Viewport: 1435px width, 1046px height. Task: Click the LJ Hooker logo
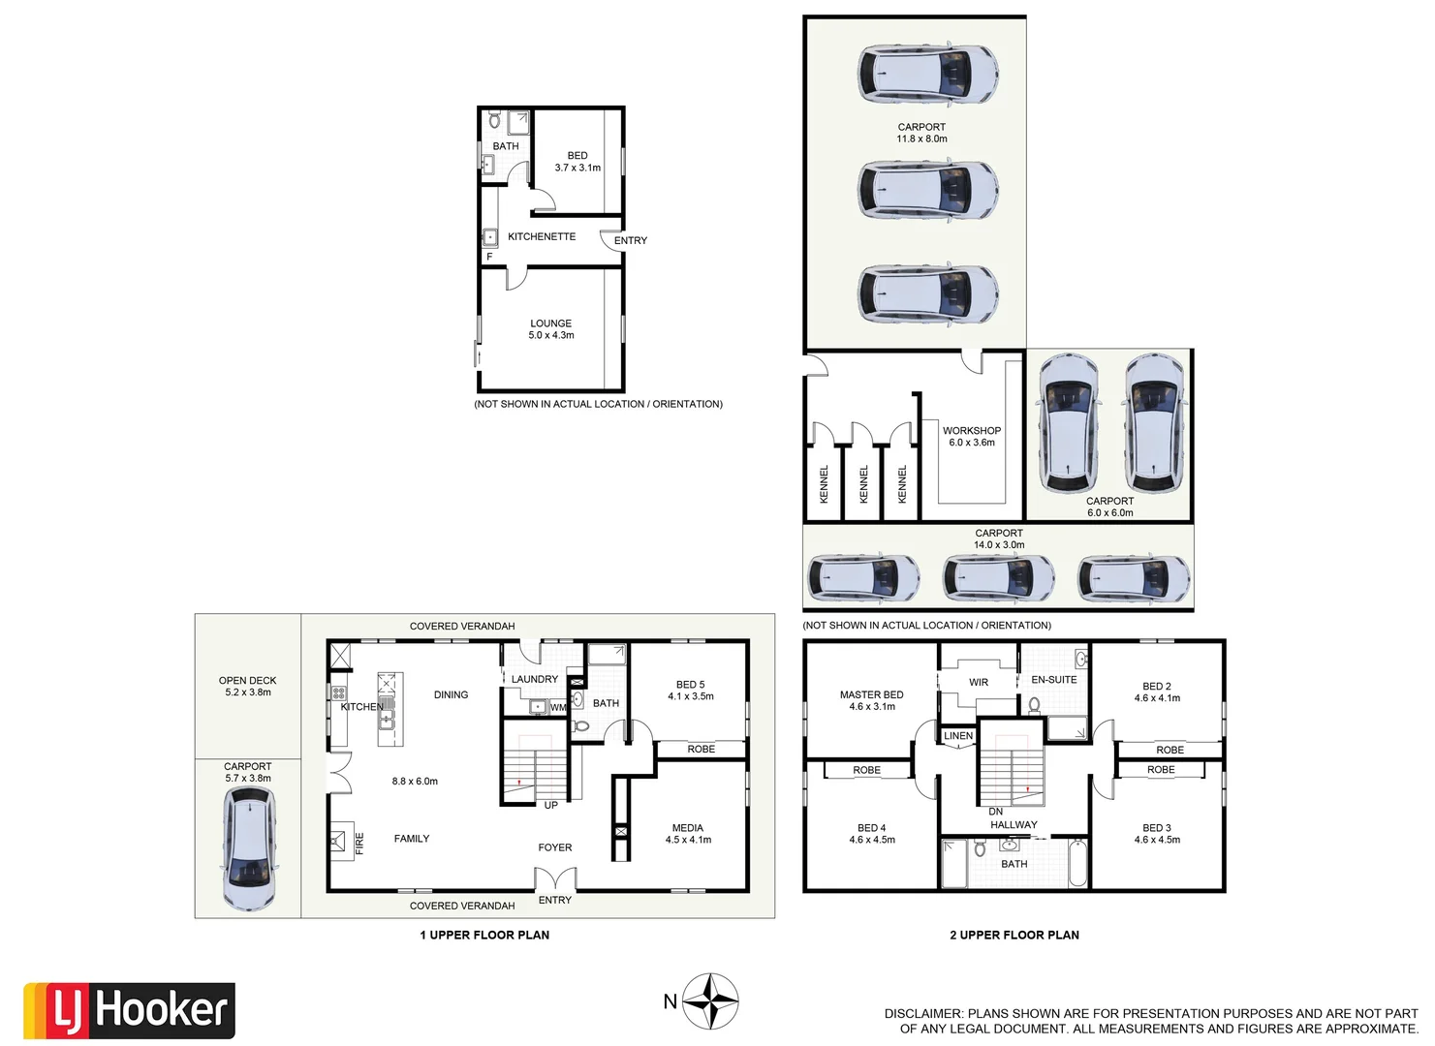[129, 1010]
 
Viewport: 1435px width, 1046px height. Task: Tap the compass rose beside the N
[710, 1001]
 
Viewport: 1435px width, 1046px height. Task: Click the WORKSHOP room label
[971, 431]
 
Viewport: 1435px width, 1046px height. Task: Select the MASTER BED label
[871, 694]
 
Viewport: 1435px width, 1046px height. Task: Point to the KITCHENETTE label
[541, 236]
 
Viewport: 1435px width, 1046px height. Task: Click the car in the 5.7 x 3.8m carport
[249, 848]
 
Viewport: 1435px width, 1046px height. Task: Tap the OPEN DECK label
[247, 681]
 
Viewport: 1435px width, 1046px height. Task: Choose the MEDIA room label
[687, 828]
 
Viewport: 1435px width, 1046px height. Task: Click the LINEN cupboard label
[957, 736]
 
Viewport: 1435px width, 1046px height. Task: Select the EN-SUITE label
[1053, 680]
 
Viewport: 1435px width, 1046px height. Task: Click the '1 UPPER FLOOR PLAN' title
[484, 935]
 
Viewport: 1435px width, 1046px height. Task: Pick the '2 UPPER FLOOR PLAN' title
[1014, 935]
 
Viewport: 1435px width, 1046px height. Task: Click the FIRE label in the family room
[359, 842]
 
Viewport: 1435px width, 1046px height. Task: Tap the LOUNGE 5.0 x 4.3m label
[550, 329]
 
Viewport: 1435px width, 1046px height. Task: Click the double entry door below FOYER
[555, 879]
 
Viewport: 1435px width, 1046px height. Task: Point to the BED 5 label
[690, 685]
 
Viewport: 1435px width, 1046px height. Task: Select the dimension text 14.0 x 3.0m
[998, 545]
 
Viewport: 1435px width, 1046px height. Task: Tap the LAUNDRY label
[534, 679]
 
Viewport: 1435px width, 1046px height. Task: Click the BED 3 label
[1156, 828]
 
